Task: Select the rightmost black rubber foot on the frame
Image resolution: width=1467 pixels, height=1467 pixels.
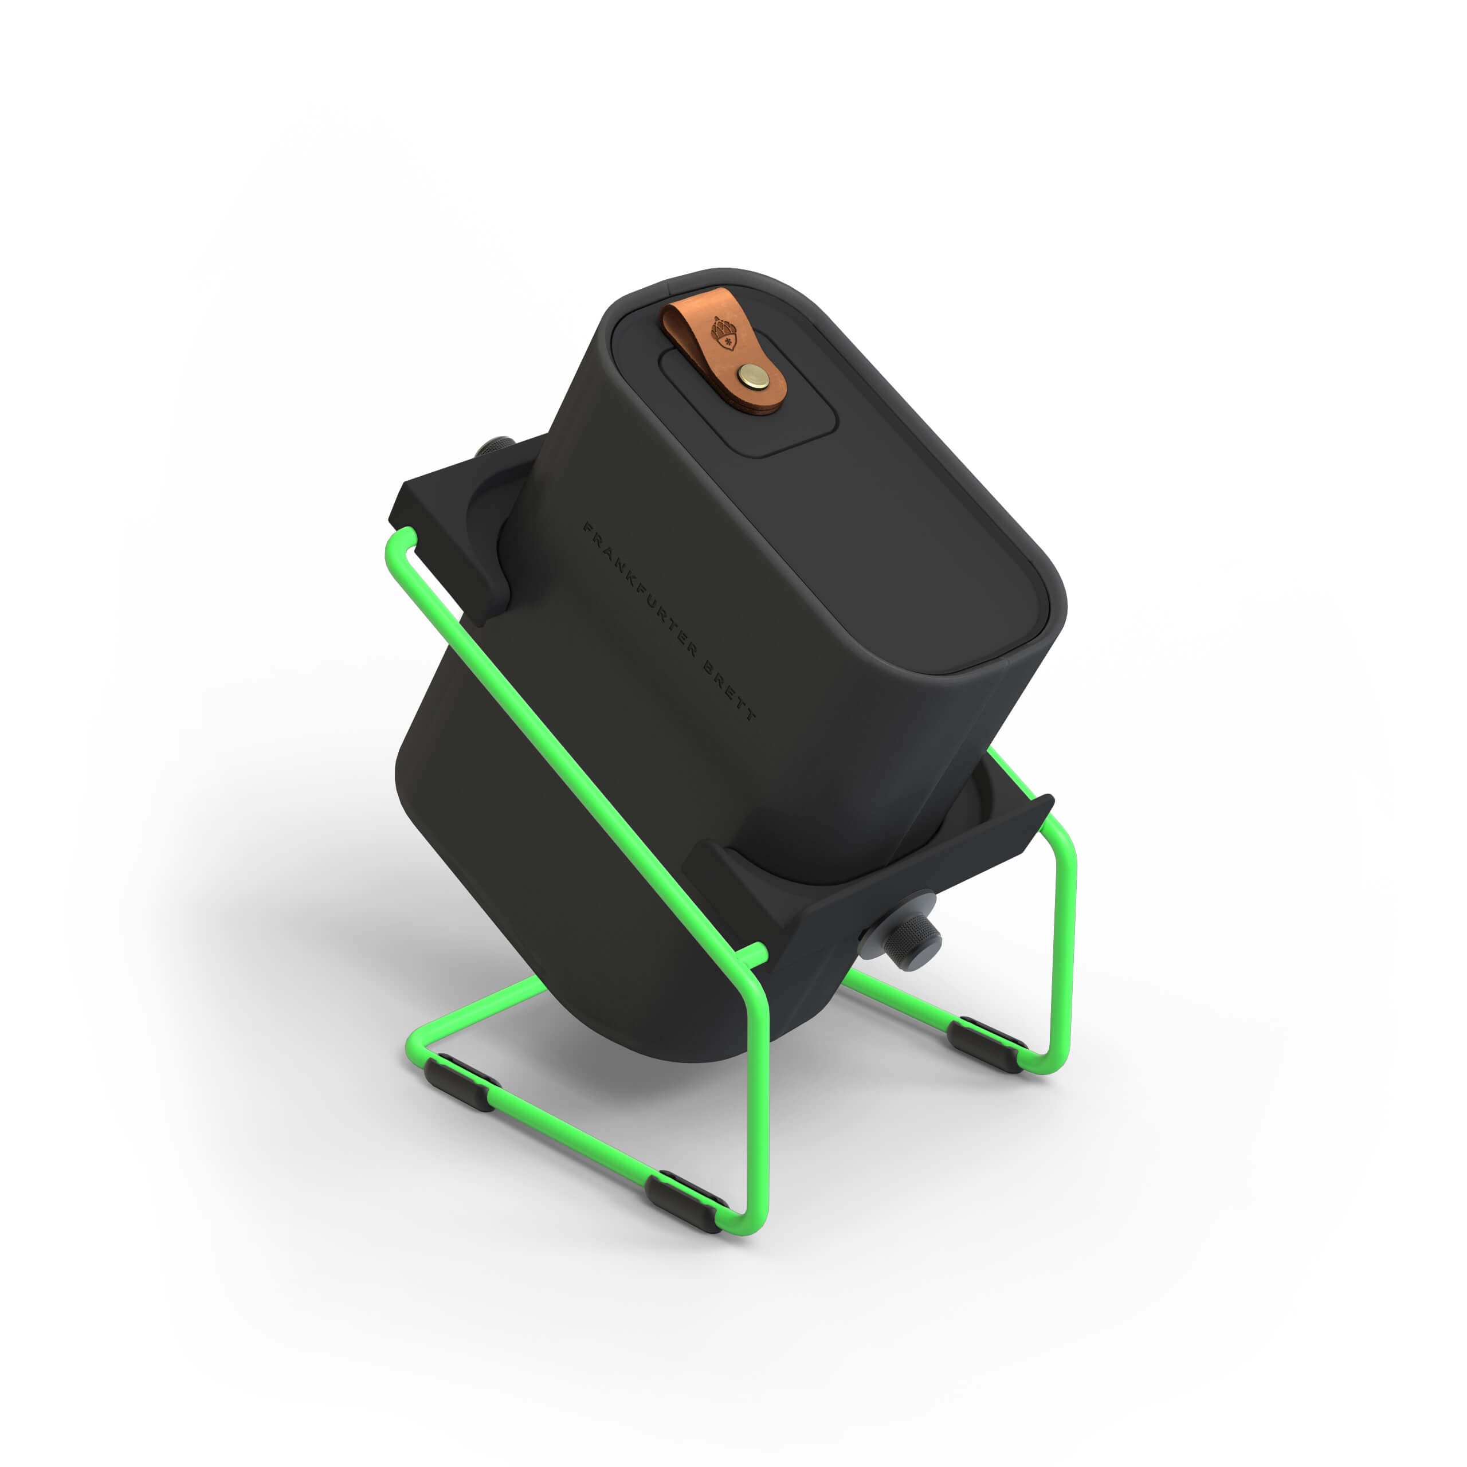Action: pyautogui.click(x=985, y=1044)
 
